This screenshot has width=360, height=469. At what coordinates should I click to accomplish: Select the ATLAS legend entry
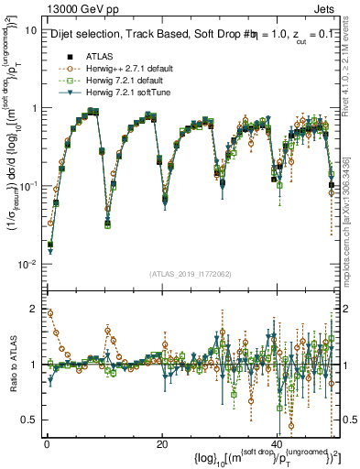tap(100, 55)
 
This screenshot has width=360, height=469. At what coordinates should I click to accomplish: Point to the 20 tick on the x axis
tap(161, 444)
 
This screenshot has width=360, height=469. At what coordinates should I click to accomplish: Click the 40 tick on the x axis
tap(277, 444)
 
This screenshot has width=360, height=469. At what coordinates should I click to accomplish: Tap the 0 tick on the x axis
tap(46, 444)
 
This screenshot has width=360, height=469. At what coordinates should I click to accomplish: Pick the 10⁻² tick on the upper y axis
tap(27, 264)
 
